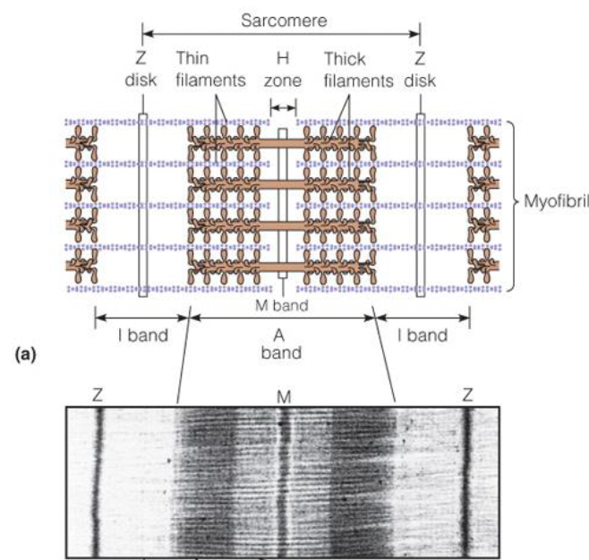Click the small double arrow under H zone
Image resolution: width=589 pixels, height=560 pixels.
[283, 107]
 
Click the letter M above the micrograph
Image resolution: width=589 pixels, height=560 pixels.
[283, 395]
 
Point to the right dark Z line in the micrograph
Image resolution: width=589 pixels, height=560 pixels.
[465, 474]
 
